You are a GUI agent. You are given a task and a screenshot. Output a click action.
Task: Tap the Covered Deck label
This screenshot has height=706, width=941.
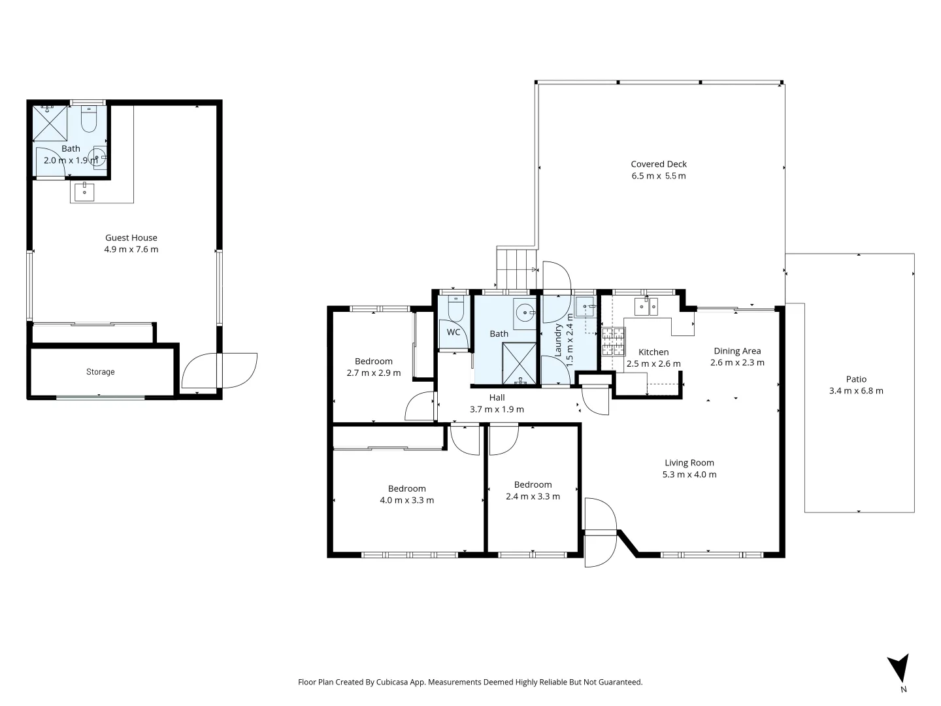(658, 164)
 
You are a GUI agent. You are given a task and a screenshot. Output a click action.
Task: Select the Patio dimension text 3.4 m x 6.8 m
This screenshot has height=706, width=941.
(856, 391)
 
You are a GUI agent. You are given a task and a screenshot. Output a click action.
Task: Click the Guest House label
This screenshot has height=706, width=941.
(131, 238)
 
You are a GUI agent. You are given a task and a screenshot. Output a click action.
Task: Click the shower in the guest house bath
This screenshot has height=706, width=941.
(50, 123)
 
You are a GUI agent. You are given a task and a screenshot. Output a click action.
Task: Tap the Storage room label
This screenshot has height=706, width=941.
(100, 372)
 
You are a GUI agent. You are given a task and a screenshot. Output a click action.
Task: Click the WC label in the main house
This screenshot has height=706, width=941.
(454, 332)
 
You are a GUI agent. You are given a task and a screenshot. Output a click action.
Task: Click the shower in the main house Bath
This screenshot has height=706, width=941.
(520, 363)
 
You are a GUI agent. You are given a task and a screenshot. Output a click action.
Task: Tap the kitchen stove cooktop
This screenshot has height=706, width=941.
(613, 341)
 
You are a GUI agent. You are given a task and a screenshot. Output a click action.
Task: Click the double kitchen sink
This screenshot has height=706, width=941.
(646, 306)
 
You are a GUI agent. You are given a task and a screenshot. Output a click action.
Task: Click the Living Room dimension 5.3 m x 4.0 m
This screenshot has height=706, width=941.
(689, 475)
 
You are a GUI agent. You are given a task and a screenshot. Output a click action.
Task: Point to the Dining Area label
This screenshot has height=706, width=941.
(737, 351)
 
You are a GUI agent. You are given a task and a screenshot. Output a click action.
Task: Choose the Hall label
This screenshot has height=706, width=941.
(497, 397)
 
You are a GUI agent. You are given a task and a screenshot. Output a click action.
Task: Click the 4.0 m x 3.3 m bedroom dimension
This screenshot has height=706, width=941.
(406, 500)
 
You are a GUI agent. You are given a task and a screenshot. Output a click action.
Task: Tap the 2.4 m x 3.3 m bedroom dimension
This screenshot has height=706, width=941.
(533, 496)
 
